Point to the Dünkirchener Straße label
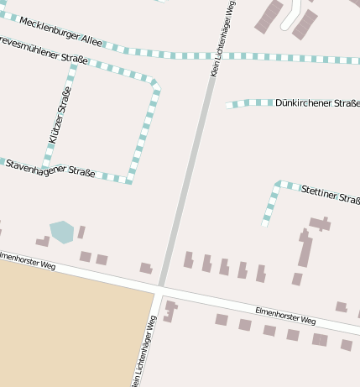317,102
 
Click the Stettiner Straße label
330,195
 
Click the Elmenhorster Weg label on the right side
285,316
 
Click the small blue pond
61,231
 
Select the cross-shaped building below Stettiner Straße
320,223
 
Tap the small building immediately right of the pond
81,232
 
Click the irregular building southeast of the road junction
170,311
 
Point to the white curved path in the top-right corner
291,14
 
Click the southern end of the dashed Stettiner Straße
265,223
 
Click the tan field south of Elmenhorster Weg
67,336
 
